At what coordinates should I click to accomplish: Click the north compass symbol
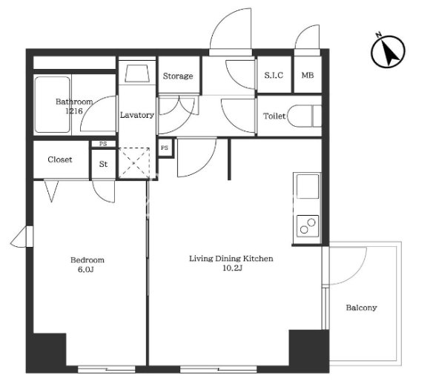tap(388, 51)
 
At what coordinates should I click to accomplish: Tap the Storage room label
tap(178, 76)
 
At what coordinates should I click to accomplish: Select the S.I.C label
tap(274, 75)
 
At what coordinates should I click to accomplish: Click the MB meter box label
tap(308, 75)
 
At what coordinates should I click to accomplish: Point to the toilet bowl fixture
tap(304, 116)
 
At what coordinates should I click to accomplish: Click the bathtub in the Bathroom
tap(52, 105)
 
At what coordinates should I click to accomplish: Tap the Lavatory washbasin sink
tap(136, 73)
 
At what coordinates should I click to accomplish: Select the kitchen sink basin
tap(308, 186)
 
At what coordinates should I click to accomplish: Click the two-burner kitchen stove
tap(308, 225)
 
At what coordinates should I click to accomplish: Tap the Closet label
tap(60, 159)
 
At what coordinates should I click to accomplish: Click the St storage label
tap(103, 164)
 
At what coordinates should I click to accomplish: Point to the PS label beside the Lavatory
tap(165, 148)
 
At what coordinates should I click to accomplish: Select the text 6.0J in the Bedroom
tap(86, 270)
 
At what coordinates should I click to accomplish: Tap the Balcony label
tap(362, 308)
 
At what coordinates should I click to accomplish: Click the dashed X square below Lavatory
tap(134, 162)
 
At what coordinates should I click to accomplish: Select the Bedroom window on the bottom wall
tap(107, 369)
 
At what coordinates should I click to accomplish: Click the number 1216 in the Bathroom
tap(74, 111)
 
